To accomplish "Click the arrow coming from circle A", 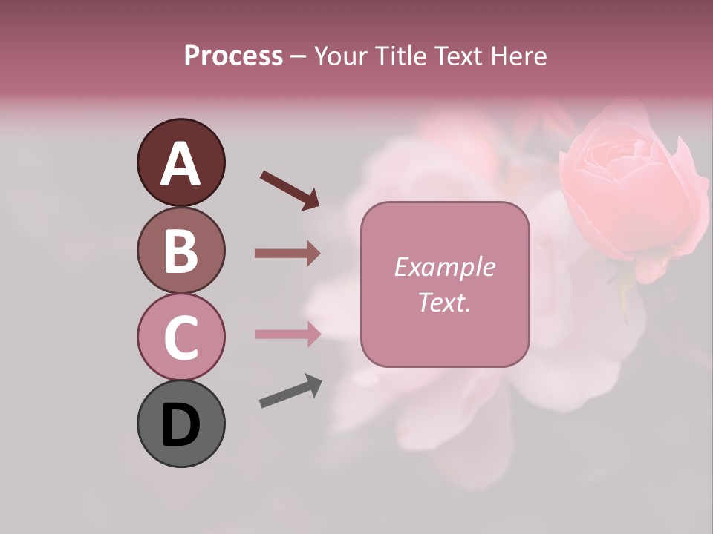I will click(x=290, y=189).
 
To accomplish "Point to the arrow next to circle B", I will click(x=287, y=254).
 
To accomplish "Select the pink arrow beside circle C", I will click(x=287, y=334).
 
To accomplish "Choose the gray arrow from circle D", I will click(x=290, y=391).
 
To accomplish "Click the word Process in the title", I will click(x=233, y=56).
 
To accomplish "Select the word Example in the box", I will click(x=444, y=267).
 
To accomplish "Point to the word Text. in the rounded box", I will click(x=444, y=302).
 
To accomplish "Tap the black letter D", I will click(x=180, y=425).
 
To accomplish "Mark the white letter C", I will click(x=180, y=337).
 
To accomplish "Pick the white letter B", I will click(x=180, y=251).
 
